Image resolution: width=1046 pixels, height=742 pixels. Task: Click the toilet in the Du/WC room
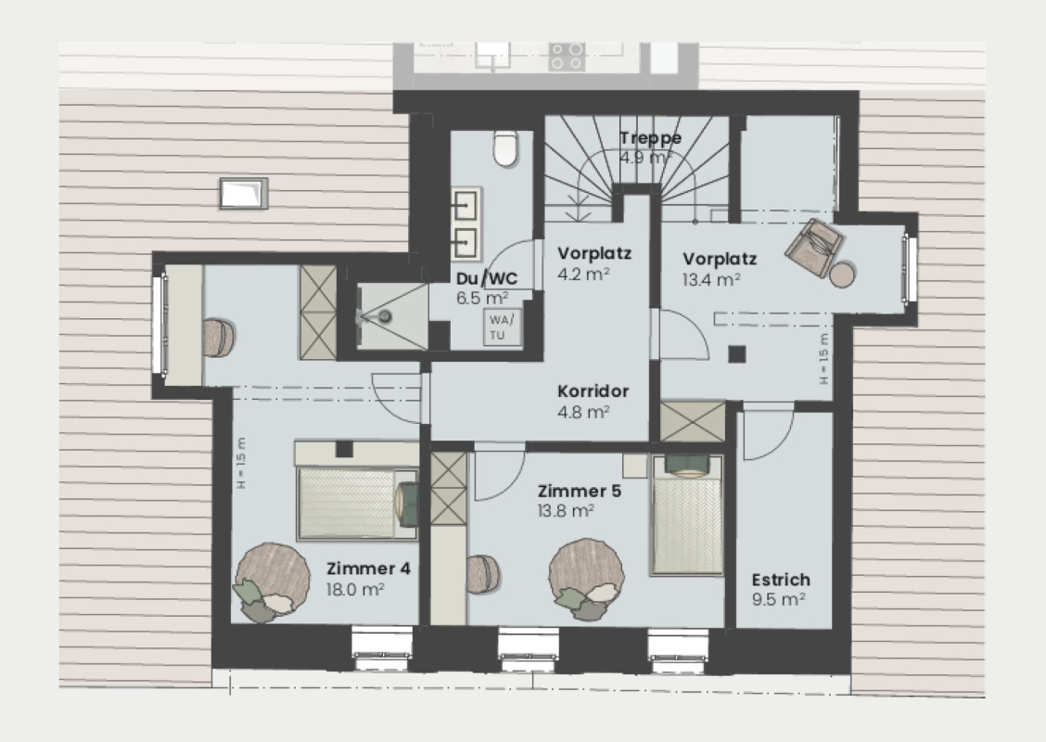(x=505, y=148)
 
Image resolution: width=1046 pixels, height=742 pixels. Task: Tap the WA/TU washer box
(x=502, y=326)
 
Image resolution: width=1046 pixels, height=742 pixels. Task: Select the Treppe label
(x=650, y=138)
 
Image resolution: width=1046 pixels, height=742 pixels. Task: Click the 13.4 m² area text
(x=711, y=278)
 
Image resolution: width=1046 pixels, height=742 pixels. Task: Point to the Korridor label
(x=593, y=391)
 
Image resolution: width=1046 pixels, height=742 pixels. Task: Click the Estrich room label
(x=780, y=580)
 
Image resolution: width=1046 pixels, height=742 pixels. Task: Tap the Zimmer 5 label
(x=580, y=491)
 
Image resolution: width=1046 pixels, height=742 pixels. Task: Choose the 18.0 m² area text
(x=356, y=588)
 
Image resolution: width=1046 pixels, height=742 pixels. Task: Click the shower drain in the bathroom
(x=385, y=316)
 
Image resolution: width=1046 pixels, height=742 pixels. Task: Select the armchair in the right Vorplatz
(x=814, y=247)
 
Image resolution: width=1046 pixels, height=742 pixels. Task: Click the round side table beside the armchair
(x=842, y=275)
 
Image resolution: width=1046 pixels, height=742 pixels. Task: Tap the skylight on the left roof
(x=243, y=194)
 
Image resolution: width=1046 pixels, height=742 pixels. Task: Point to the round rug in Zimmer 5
(x=585, y=573)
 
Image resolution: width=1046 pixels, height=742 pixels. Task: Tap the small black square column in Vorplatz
(x=736, y=353)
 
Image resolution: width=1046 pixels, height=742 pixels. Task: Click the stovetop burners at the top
(x=566, y=56)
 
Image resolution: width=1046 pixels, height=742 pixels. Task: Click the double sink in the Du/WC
(x=466, y=224)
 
